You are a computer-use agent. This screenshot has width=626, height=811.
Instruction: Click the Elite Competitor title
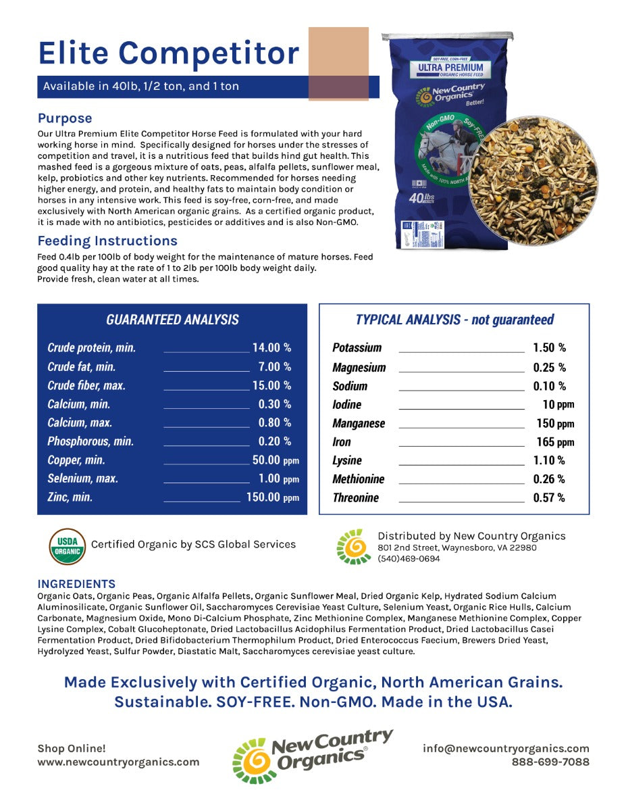click(x=169, y=53)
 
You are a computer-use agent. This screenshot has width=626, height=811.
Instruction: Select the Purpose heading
click(x=65, y=118)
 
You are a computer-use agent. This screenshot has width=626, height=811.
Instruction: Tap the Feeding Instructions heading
click(x=107, y=241)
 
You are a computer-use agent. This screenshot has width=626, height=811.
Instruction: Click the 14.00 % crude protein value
click(x=271, y=347)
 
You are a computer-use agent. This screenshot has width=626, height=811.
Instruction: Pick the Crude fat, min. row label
click(x=81, y=366)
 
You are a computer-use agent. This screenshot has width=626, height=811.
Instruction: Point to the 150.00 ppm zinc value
click(x=271, y=497)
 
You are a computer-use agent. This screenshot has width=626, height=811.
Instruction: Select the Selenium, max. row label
click(x=82, y=478)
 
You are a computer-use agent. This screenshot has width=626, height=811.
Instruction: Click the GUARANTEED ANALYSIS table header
click(x=172, y=320)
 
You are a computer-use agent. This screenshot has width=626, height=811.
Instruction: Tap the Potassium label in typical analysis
click(x=357, y=347)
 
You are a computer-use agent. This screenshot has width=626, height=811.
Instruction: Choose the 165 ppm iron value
click(x=554, y=442)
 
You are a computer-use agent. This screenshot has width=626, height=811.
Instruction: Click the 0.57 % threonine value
click(x=549, y=497)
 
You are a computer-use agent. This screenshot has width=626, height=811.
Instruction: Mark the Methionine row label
click(x=358, y=478)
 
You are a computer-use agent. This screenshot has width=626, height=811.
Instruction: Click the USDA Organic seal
click(x=68, y=546)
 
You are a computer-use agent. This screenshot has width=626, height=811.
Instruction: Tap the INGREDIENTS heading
click(x=76, y=584)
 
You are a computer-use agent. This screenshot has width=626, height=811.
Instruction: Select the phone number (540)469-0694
click(x=409, y=559)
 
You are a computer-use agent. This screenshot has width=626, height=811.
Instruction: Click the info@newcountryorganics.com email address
click(x=506, y=748)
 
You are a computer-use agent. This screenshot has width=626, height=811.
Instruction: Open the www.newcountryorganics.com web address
click(x=118, y=762)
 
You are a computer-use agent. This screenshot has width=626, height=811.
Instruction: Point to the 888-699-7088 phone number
click(x=550, y=762)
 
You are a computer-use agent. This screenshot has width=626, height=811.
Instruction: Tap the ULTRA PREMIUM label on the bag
click(x=450, y=68)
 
